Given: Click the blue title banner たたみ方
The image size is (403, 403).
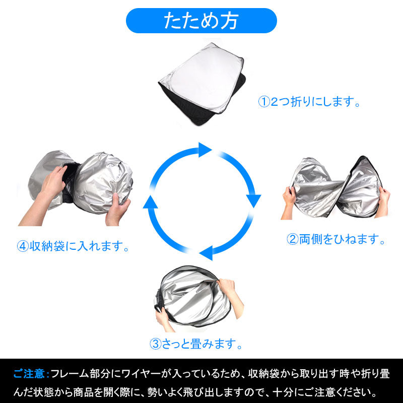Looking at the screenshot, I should [201, 21].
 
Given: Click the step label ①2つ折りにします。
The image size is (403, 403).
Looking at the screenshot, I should [310, 102].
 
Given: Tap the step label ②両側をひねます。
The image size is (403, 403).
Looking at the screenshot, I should [336, 239].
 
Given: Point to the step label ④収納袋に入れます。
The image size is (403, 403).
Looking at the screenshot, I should [73, 247].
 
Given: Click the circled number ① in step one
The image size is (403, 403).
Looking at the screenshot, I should [264, 102].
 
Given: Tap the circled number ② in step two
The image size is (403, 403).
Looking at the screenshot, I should [293, 239].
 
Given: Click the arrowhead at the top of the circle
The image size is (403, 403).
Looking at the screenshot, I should [204, 150].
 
